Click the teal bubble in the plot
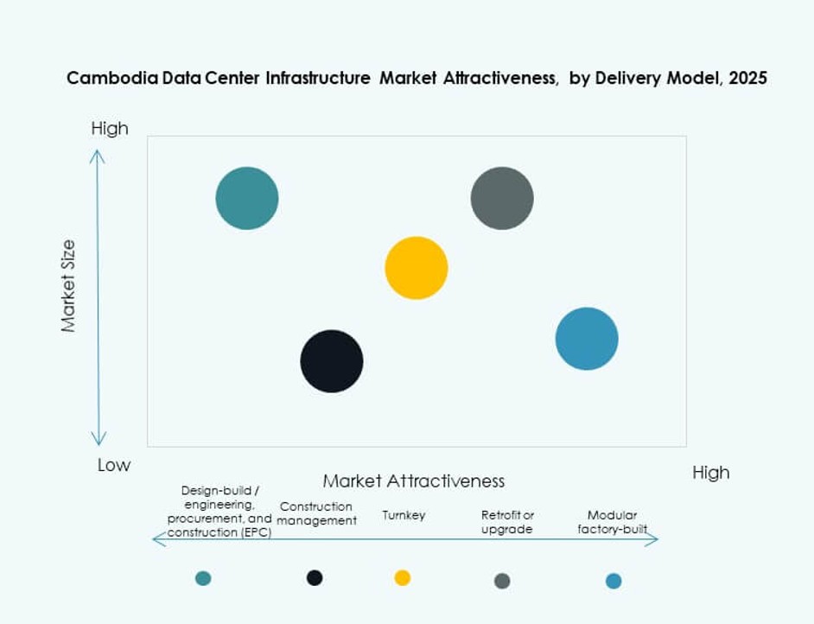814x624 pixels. tap(247, 198)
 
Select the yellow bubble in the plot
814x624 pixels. tap(417, 268)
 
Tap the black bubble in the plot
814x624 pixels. tap(332, 361)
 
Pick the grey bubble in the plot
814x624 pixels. tap(502, 198)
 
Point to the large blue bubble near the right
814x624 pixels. tap(587, 339)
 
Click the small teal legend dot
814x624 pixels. tap(203, 578)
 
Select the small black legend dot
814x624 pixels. tap(315, 577)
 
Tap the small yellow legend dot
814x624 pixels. tap(403, 577)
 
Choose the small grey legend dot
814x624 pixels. tap(502, 581)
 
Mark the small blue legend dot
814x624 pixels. tap(614, 581)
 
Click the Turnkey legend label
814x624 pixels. tap(404, 515)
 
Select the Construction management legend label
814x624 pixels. tap(316, 513)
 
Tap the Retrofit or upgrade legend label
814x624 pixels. tap(507, 522)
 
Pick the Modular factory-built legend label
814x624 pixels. tap(613, 522)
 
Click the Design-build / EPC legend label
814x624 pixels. tap(219, 512)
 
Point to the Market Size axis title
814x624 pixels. tap(68, 286)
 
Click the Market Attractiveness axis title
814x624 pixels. tap(413, 481)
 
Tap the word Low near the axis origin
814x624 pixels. tap(113, 465)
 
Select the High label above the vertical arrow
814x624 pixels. tap(110, 128)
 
